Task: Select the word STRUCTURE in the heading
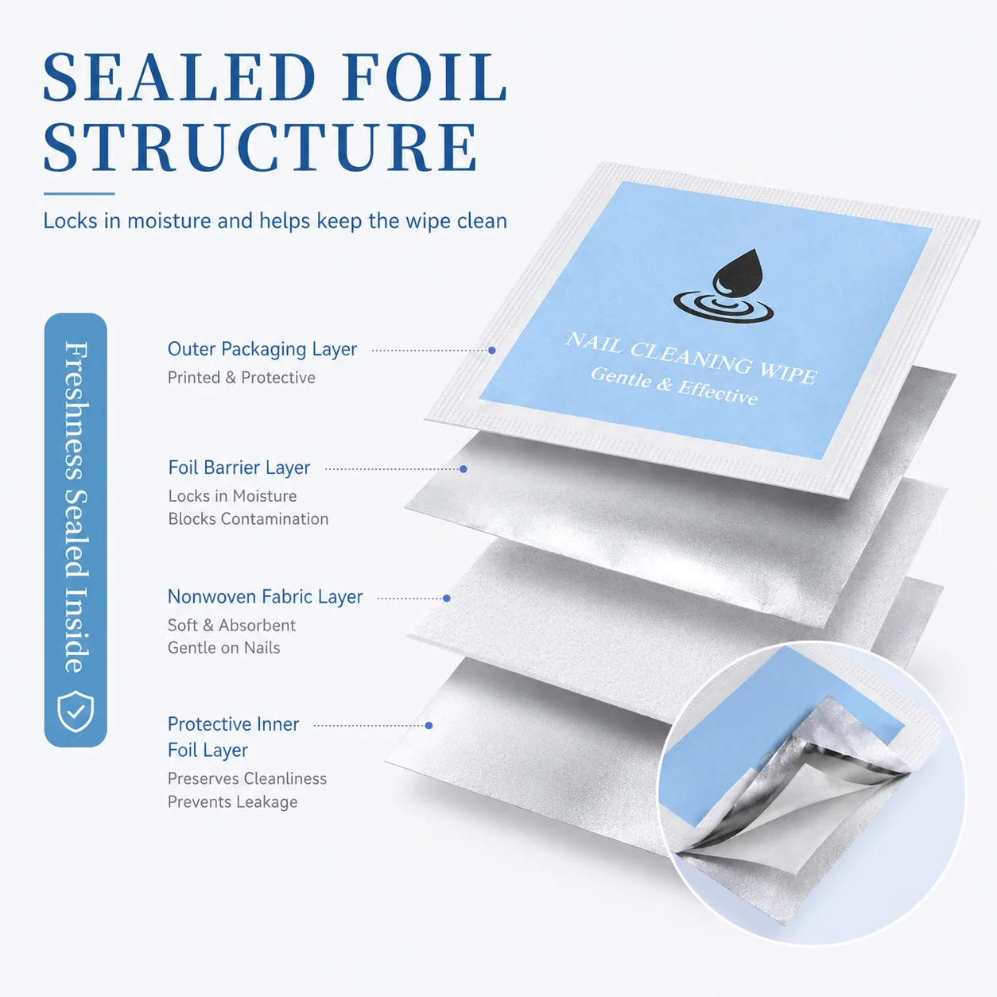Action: [260, 147]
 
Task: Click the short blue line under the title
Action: [80, 193]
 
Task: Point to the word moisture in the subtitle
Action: [169, 221]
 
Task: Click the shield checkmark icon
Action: [76, 711]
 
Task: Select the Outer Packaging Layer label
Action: [262, 350]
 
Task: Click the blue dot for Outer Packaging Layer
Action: [492, 351]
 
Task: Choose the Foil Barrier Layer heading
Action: [239, 467]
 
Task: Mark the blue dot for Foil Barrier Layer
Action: [464, 469]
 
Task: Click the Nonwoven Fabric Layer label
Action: [266, 597]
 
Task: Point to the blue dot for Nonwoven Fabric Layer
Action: [447, 598]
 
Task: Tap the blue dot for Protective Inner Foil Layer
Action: [429, 725]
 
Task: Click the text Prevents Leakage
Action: [233, 802]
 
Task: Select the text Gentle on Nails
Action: [224, 648]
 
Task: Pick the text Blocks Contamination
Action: [248, 519]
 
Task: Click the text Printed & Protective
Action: [242, 378]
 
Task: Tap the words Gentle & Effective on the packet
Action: [674, 386]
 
